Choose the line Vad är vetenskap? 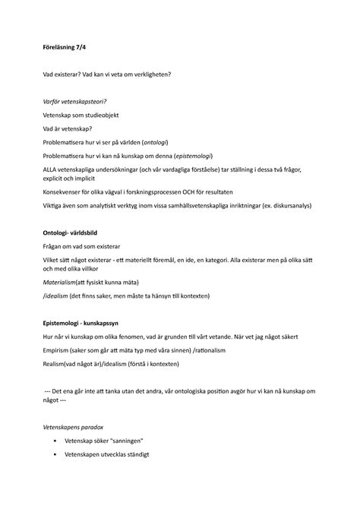[x=70, y=128]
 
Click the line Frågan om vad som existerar [x=84, y=246]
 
